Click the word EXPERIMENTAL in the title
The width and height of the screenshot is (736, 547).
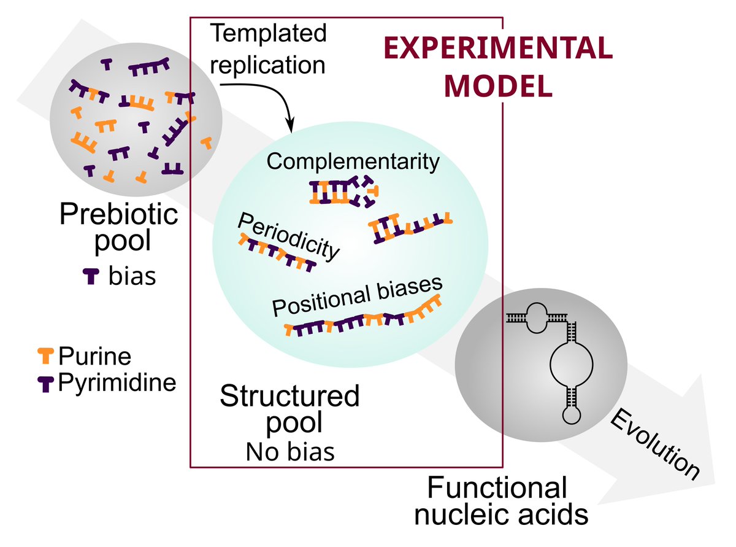coord(498,49)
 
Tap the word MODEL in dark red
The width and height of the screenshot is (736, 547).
coord(498,86)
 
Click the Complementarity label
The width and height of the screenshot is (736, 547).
coord(354,162)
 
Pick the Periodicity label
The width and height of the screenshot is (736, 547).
coord(288,237)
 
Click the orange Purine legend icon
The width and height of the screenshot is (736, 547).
coord(47,354)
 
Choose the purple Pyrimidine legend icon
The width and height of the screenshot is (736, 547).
coord(47,384)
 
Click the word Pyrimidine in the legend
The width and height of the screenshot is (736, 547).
coord(117,383)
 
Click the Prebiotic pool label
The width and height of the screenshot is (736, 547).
coord(119,227)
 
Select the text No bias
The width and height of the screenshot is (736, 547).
coord(290,452)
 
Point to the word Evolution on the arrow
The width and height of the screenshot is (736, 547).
coord(655,444)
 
